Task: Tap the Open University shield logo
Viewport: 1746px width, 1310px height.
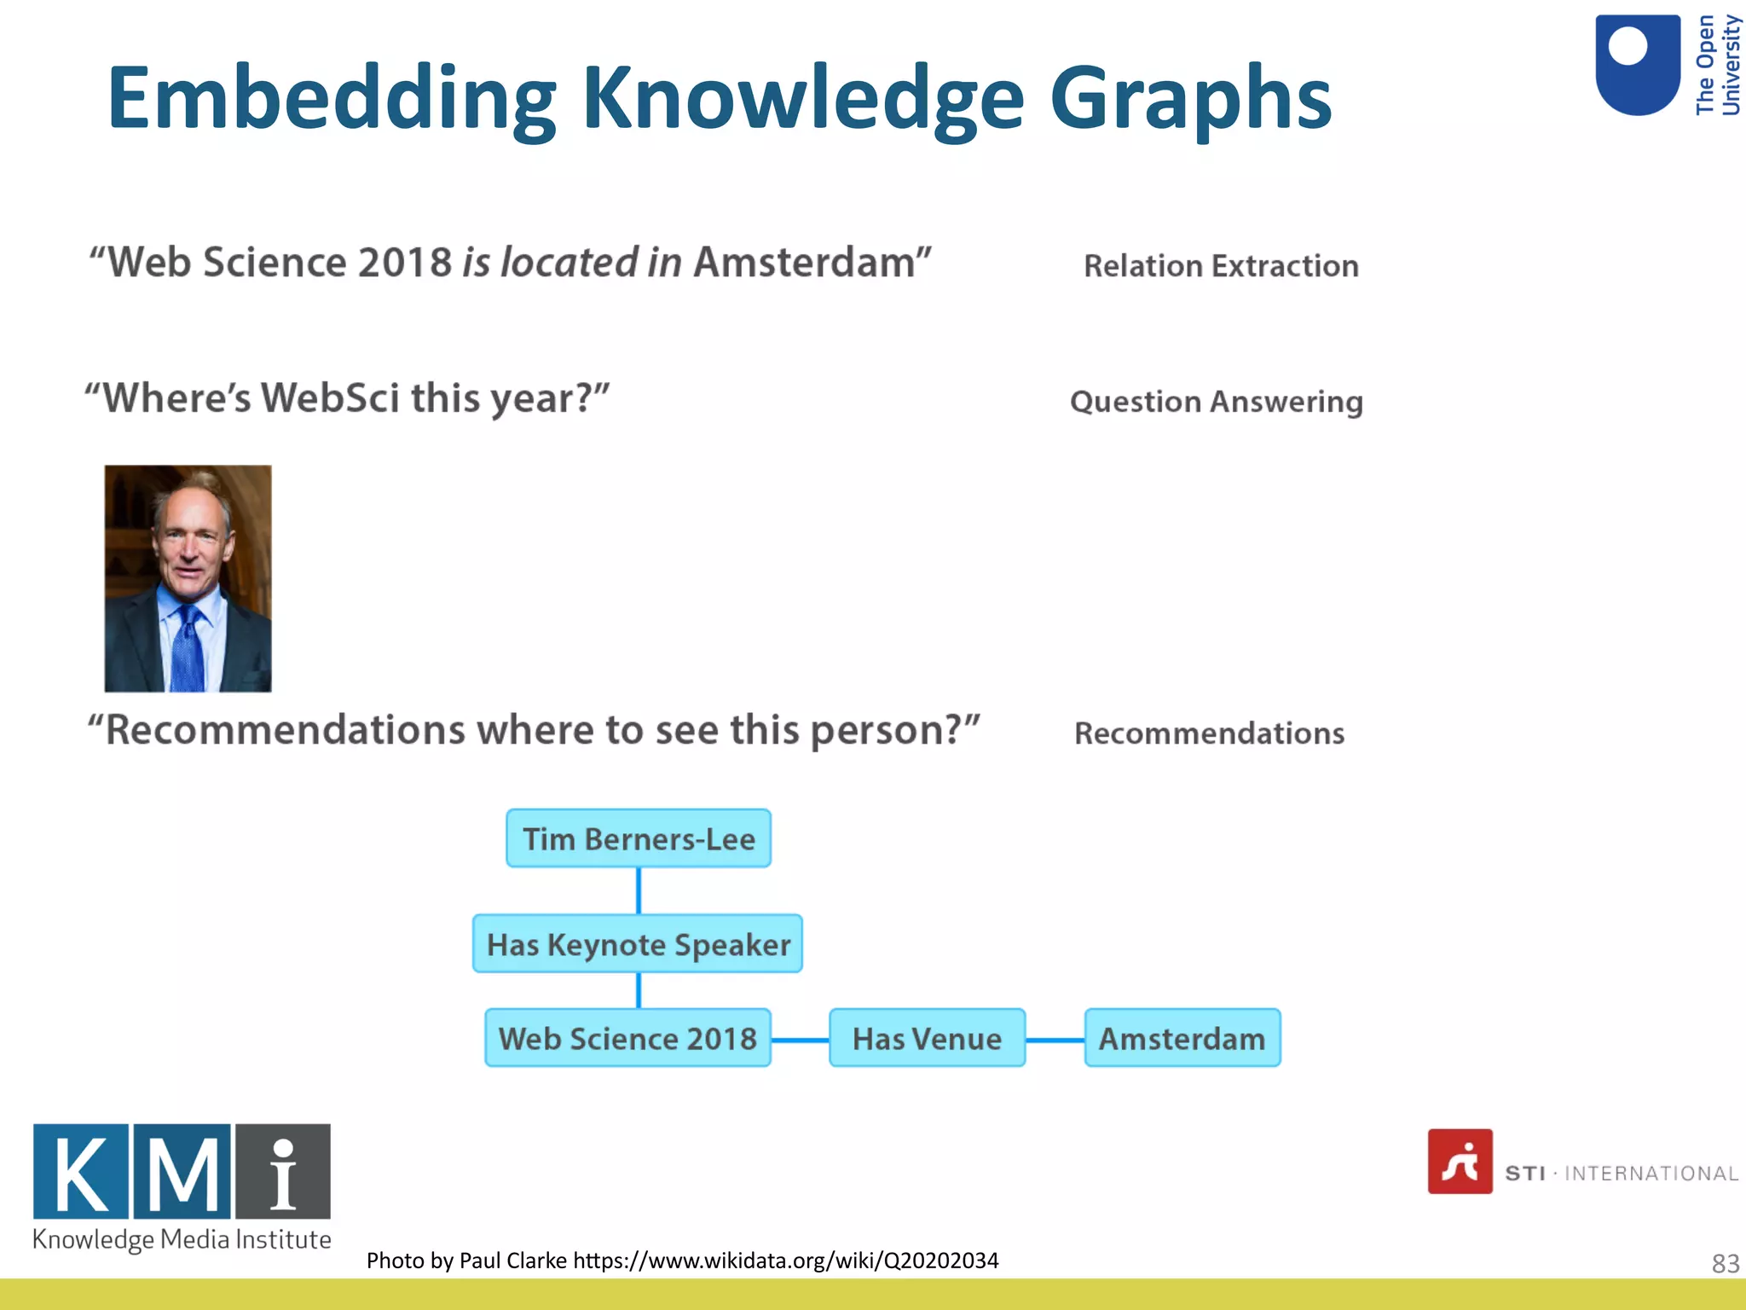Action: pyautogui.click(x=1637, y=65)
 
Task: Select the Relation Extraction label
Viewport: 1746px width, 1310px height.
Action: pyautogui.click(x=1221, y=266)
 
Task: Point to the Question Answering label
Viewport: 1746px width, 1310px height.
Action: pyautogui.click(x=1217, y=402)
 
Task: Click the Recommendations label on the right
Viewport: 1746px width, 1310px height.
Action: pyautogui.click(x=1209, y=733)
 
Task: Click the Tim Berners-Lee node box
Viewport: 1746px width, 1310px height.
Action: pyautogui.click(x=639, y=839)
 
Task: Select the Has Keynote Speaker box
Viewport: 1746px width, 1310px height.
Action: pyautogui.click(x=638, y=944)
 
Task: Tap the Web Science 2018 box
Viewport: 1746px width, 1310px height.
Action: pyautogui.click(x=627, y=1038)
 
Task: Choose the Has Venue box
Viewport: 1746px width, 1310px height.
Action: pyautogui.click(x=927, y=1038)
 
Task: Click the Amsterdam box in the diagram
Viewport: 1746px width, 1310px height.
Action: pyautogui.click(x=1182, y=1038)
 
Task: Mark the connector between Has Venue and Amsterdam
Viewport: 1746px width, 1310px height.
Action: pyautogui.click(x=1055, y=1040)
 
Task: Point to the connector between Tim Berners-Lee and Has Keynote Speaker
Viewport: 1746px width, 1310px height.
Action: pyautogui.click(x=639, y=890)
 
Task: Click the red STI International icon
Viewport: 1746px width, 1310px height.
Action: pyautogui.click(x=1460, y=1162)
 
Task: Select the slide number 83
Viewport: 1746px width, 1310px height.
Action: pyautogui.click(x=1725, y=1263)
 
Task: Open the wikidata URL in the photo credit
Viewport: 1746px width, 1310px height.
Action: pyautogui.click(x=785, y=1261)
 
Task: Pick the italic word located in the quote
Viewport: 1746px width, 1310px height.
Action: pyautogui.click(x=569, y=262)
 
